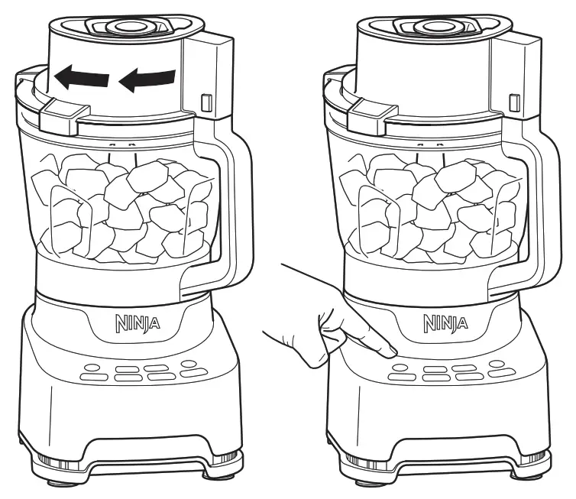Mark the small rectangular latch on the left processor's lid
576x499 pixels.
click(x=205, y=102)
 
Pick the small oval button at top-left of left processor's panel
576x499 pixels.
click(x=92, y=367)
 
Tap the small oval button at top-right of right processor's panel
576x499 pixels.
click(x=497, y=364)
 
